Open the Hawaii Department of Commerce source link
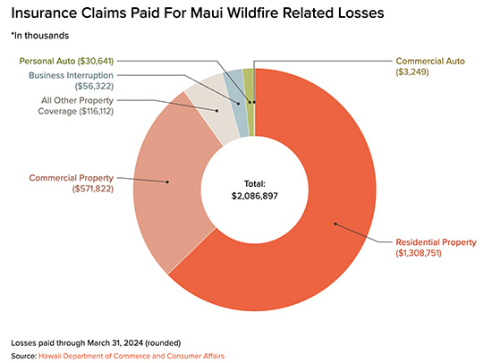click(132, 356)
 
